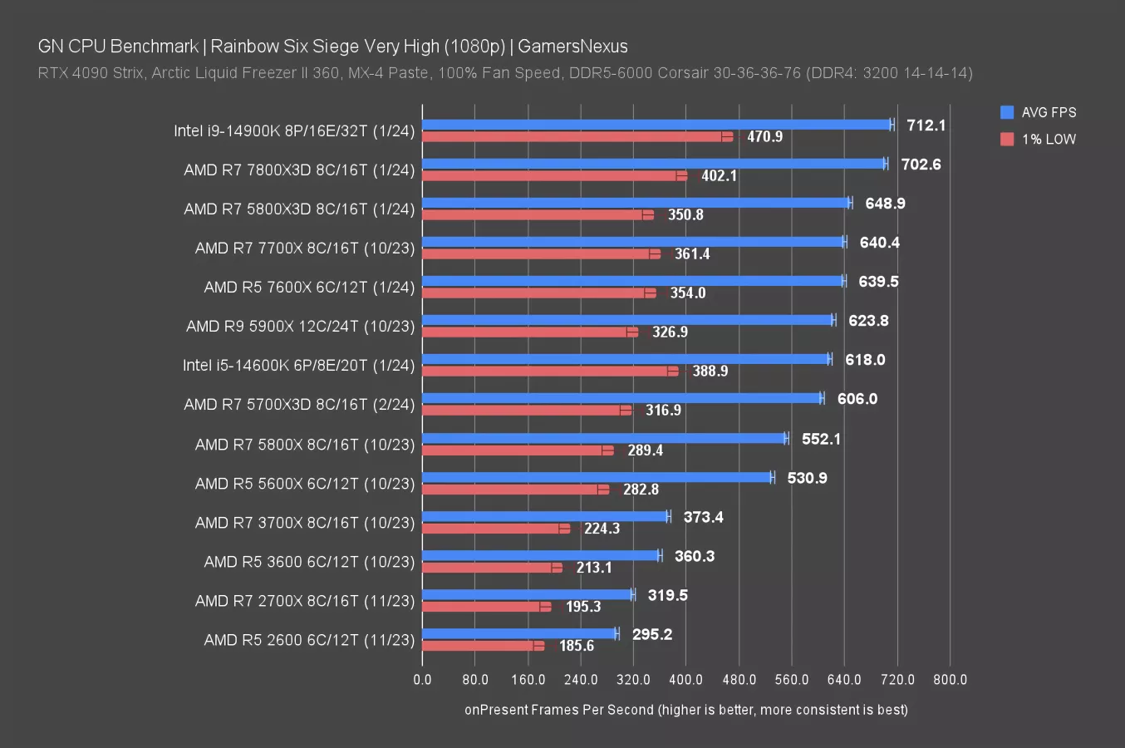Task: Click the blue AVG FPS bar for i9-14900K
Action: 656,125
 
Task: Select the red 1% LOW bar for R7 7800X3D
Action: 553,175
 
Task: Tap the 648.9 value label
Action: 885,204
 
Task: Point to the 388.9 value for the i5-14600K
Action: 710,371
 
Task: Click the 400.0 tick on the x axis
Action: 686,679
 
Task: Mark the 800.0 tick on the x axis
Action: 950,679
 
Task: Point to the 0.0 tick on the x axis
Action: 422,679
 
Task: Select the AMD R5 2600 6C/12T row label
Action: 309,640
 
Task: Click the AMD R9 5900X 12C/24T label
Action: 300,326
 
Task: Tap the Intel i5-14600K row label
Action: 298,365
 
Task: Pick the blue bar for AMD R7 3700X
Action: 544,516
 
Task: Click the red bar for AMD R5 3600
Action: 490,568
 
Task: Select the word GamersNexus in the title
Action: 572,47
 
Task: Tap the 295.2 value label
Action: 652,634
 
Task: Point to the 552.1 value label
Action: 821,439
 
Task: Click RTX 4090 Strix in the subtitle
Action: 91,73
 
